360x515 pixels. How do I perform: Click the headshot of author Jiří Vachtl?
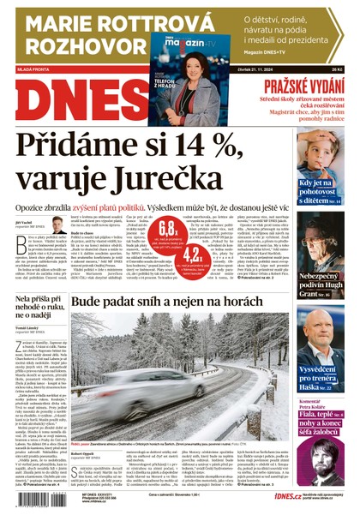pyautogui.click(x=57, y=225)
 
